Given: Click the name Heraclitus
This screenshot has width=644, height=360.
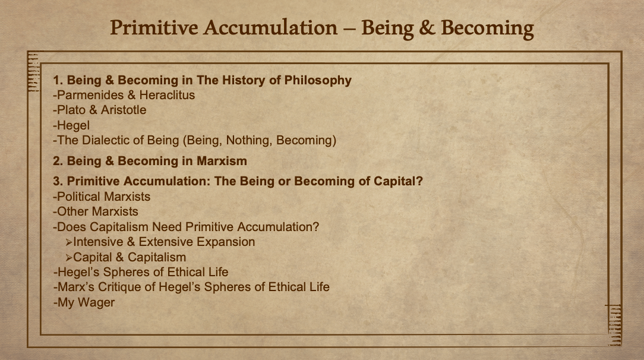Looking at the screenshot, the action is (167, 95).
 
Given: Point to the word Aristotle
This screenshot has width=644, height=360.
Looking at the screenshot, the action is (124, 110).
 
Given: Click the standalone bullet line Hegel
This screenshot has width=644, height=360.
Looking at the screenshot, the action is (71, 125).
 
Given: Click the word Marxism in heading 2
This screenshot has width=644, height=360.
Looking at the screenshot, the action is (222, 161).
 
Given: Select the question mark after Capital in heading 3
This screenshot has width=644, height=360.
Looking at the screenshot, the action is (419, 181).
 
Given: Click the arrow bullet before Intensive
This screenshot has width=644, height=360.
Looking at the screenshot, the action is (68, 242).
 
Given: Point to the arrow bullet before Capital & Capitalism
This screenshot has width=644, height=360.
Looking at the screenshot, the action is (68, 258).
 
